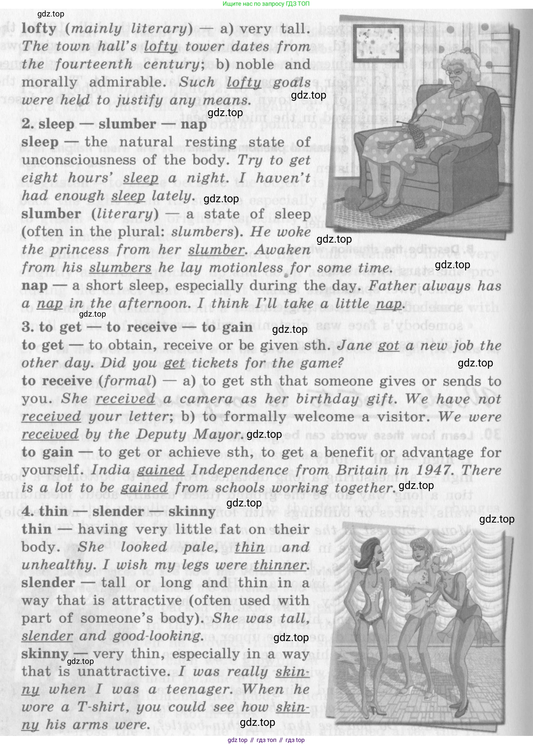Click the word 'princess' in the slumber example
79,250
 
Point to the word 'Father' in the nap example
392,286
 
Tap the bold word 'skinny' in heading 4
192,511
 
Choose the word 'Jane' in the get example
354,346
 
